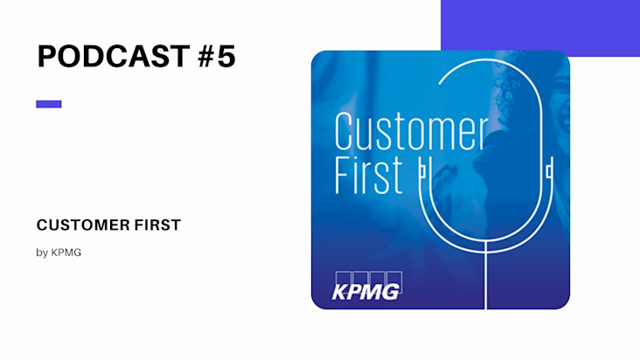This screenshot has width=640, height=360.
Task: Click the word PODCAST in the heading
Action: click(x=114, y=56)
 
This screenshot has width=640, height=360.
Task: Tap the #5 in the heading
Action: click(x=217, y=56)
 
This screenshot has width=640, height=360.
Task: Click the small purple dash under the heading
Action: click(x=49, y=104)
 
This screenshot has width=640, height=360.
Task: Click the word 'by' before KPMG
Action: click(x=42, y=253)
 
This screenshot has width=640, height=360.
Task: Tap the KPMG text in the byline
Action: click(x=66, y=253)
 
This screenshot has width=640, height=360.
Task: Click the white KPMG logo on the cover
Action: click(x=366, y=287)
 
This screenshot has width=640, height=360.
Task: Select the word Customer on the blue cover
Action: click(x=412, y=132)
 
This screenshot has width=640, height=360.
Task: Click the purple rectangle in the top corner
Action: click(x=540, y=25)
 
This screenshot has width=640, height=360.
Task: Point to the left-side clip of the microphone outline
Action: click(x=422, y=170)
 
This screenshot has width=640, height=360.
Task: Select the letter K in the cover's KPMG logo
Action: click(x=339, y=293)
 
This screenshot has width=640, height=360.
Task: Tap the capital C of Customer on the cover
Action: click(x=343, y=132)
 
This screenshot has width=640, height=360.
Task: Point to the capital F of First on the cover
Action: click(x=342, y=176)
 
